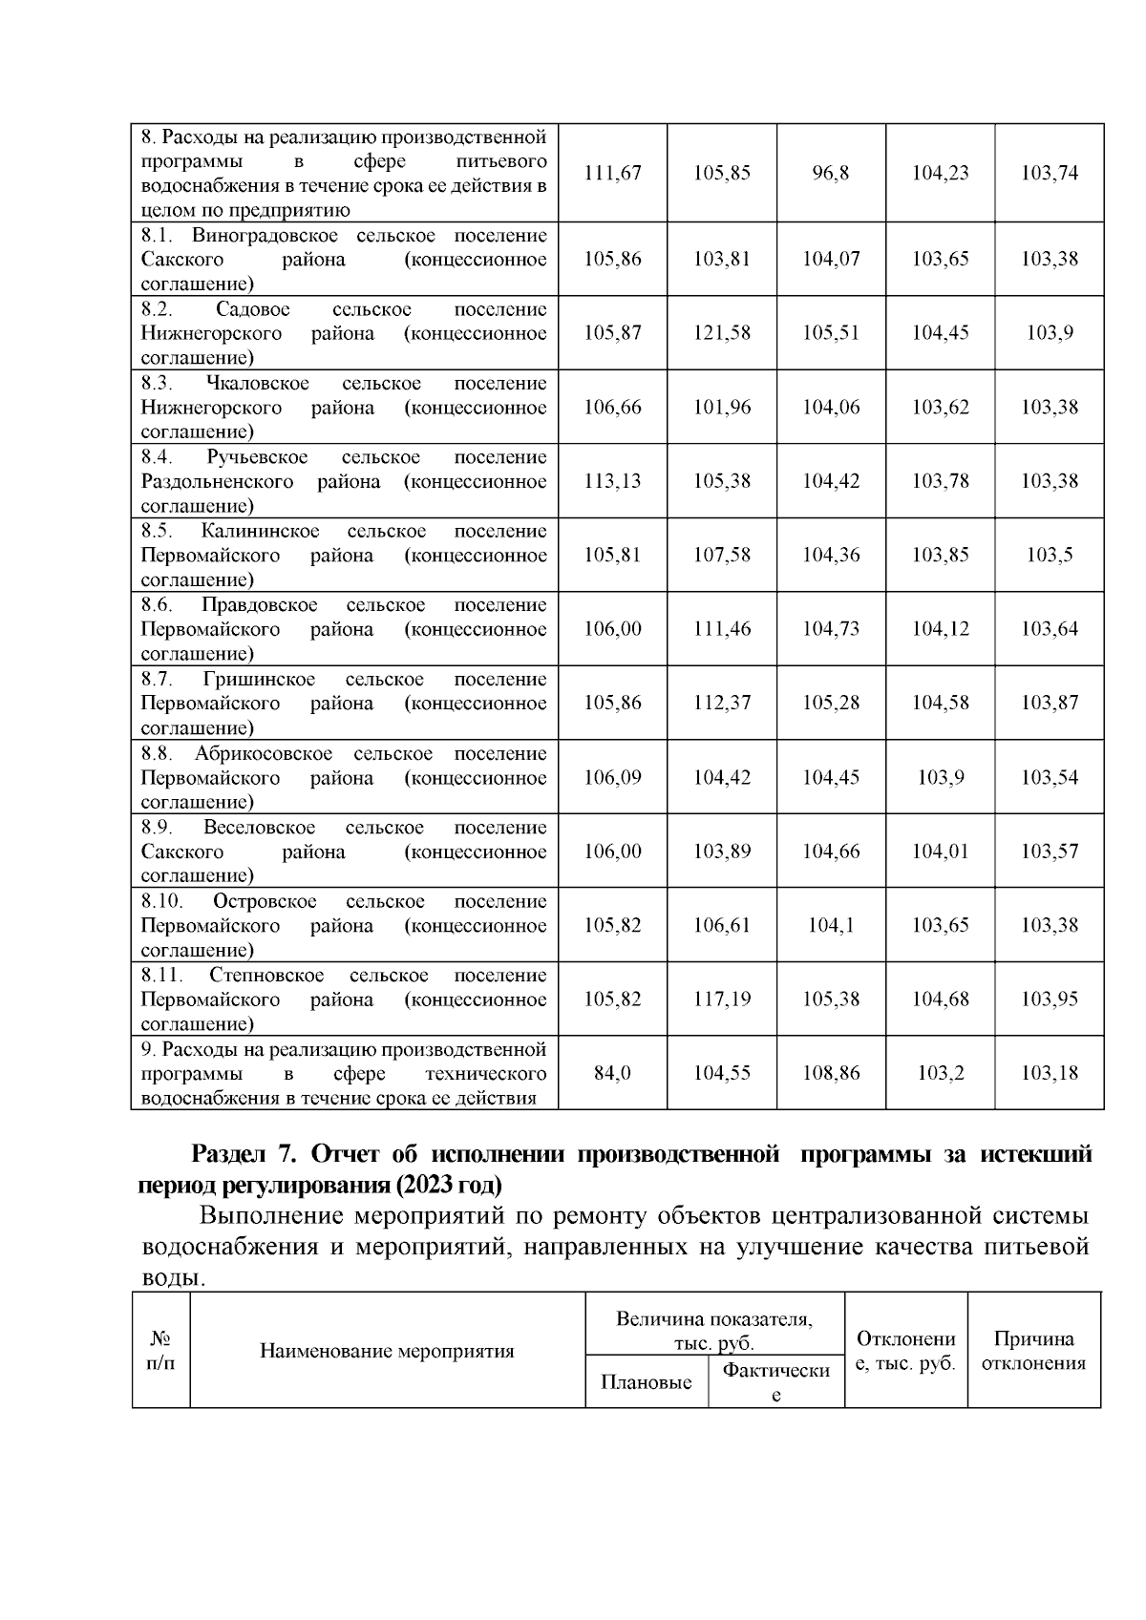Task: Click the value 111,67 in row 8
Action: (x=612, y=173)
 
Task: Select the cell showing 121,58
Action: (x=721, y=333)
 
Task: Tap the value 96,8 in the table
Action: (x=831, y=173)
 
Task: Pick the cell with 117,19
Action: (x=721, y=999)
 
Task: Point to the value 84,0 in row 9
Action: (x=612, y=1073)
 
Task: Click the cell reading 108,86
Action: (x=831, y=1073)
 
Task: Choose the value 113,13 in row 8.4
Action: (x=612, y=481)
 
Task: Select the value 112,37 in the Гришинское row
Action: (x=721, y=704)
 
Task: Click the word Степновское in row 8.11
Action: (x=266, y=976)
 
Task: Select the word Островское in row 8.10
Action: (x=265, y=902)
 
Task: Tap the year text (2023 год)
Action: (x=446, y=1186)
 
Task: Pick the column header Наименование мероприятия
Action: (x=387, y=1352)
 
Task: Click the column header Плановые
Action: (x=647, y=1382)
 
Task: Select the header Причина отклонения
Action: (x=1033, y=1351)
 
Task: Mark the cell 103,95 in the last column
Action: (x=1050, y=999)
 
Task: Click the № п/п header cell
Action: (x=160, y=1351)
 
